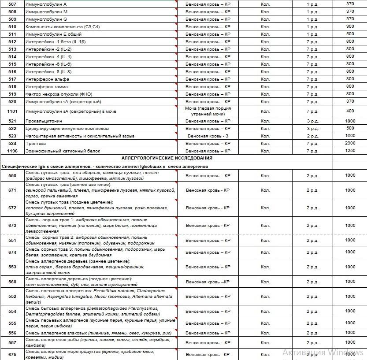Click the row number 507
(x=12, y=4)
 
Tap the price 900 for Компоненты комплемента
(x=350, y=27)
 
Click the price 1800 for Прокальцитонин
(x=350, y=121)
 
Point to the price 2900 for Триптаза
(x=350, y=144)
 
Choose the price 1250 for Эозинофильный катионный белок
(x=350, y=151)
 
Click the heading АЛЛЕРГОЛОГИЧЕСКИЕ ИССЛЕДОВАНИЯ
(x=167, y=158)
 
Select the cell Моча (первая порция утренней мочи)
(x=208, y=111)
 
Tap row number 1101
(x=12, y=111)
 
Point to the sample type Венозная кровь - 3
(x=208, y=136)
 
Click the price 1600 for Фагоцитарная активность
(x=350, y=136)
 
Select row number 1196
(x=12, y=151)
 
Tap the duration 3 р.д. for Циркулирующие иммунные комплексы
(x=312, y=129)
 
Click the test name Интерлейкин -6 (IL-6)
(x=48, y=64)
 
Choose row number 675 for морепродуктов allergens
(x=12, y=354)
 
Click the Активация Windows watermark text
(x=323, y=352)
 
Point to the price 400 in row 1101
(x=350, y=111)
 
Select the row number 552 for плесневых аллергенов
(x=12, y=297)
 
